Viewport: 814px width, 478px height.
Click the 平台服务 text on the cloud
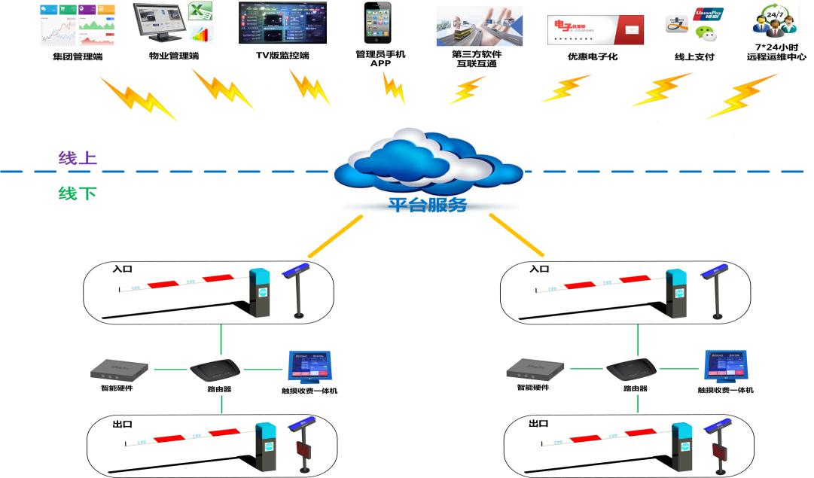(427, 204)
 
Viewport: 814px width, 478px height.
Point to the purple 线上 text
(78, 159)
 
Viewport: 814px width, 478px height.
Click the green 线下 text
(78, 193)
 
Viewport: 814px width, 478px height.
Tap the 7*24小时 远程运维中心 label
(776, 51)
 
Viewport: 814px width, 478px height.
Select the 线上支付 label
(694, 56)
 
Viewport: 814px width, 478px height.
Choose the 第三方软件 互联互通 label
(476, 59)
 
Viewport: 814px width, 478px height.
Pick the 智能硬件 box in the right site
(535, 368)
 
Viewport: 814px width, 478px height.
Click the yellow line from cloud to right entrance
(517, 236)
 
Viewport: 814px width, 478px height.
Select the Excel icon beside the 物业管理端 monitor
(200, 13)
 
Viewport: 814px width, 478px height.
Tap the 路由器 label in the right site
(635, 389)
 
